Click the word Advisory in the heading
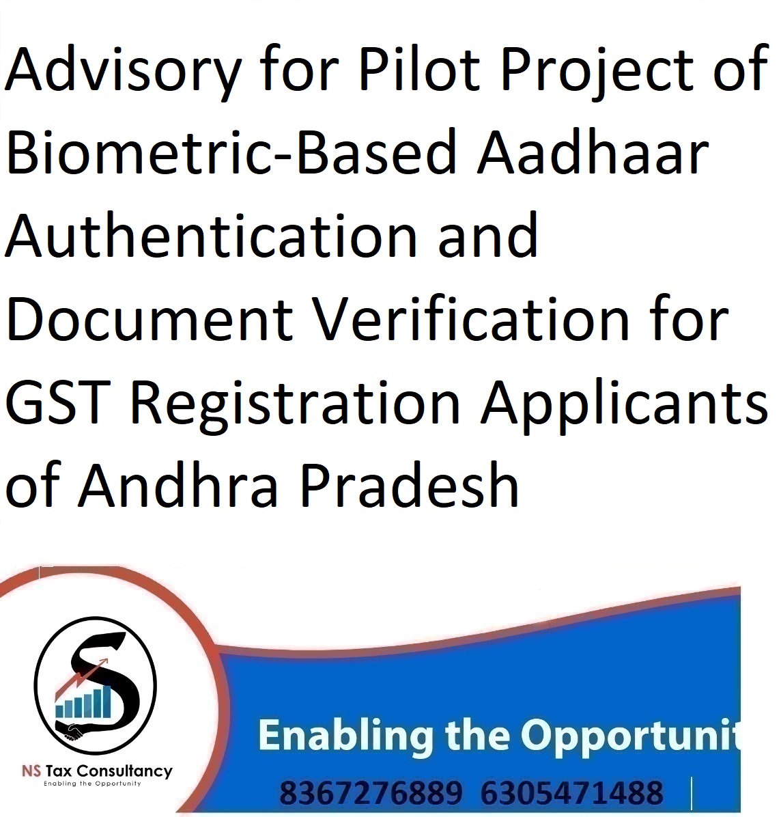pyautogui.click(x=123, y=72)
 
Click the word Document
pyautogui.click(x=150, y=318)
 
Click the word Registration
pyautogui.click(x=295, y=406)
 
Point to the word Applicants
pyautogui.click(x=624, y=406)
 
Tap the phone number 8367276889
pyautogui.click(x=371, y=793)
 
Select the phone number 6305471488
pyautogui.click(x=571, y=793)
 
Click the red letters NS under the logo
pyautogui.click(x=31, y=771)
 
